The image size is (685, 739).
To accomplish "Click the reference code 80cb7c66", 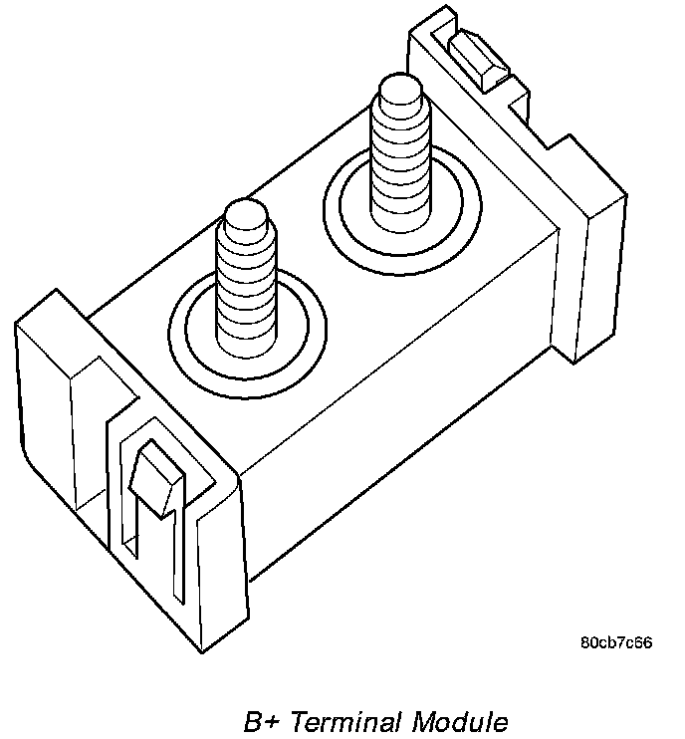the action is click(616, 642).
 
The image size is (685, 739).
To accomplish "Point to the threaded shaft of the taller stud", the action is click(398, 159).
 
